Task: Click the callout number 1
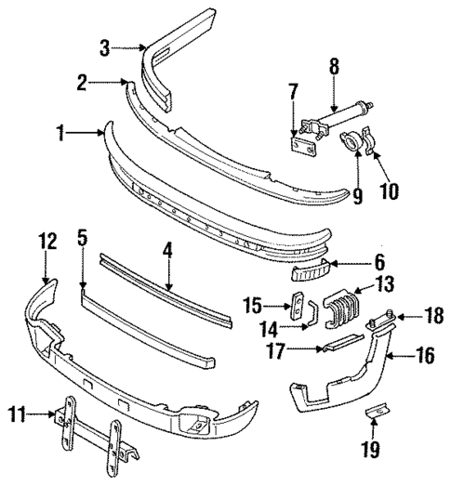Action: (62, 134)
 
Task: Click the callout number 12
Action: (46, 243)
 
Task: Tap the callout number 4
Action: (167, 250)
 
